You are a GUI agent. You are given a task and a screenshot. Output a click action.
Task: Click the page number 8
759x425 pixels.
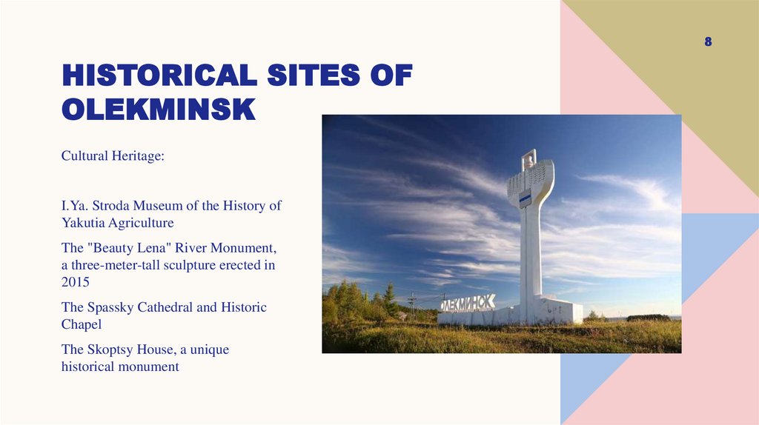(708, 42)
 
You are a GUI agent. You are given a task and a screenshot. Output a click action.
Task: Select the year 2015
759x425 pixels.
(76, 282)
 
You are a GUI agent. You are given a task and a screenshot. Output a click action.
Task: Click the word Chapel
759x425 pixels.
(81, 324)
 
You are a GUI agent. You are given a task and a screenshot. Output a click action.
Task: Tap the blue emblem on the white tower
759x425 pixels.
(525, 198)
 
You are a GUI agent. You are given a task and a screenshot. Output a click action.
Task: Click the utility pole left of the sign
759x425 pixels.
(413, 304)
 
